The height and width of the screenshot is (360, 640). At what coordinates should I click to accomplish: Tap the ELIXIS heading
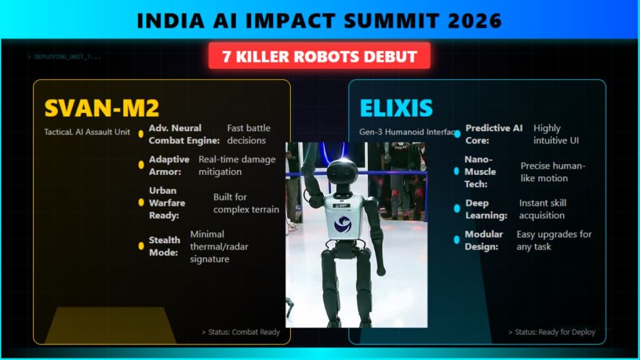point(396,108)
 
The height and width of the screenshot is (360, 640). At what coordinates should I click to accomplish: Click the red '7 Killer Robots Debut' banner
point(319,56)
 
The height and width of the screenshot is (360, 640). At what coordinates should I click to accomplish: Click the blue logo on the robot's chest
point(343,224)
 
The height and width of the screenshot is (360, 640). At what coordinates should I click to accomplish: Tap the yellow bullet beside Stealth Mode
point(141,246)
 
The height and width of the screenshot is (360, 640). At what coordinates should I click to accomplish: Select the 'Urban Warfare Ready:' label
point(167,202)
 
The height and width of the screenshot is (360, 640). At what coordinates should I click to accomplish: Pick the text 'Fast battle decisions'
point(248,134)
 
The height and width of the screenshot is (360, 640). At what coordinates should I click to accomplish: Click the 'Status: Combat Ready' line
point(241,332)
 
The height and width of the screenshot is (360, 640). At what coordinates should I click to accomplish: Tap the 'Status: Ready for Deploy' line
point(552,332)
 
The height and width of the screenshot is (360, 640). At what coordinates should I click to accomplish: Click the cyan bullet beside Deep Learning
point(457,208)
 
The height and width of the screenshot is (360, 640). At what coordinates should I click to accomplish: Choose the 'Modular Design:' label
point(483,240)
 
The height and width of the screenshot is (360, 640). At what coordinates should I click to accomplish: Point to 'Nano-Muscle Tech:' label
point(480,171)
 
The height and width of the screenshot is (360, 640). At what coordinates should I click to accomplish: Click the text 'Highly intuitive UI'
point(556,134)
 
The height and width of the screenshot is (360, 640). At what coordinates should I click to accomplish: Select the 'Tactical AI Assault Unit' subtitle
point(87,132)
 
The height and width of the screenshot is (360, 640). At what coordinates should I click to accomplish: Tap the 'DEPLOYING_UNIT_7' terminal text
point(64,57)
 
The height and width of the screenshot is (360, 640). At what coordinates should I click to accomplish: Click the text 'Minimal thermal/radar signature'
point(219,246)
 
